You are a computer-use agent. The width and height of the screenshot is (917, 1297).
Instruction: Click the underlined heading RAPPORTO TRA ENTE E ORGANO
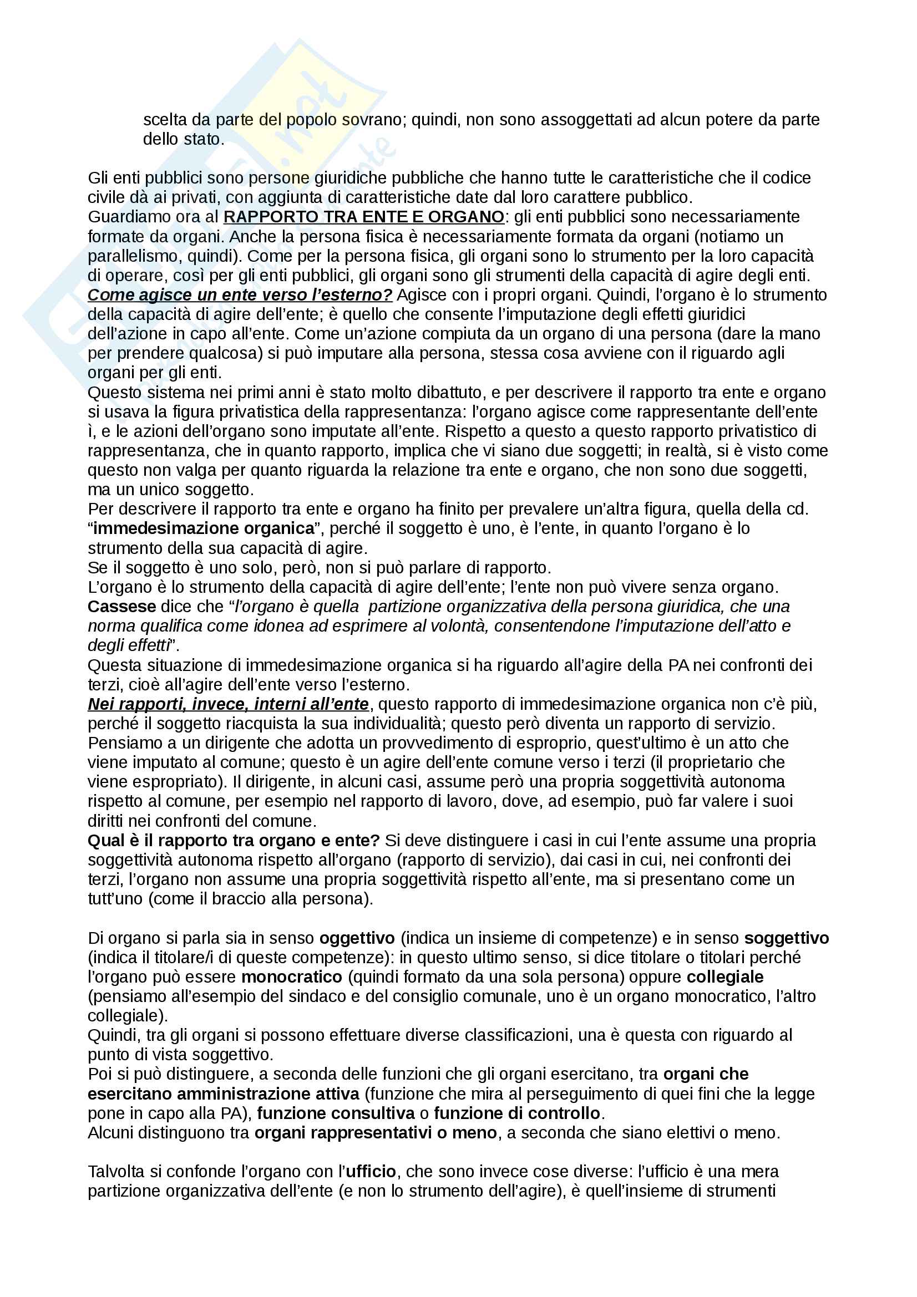[364, 217]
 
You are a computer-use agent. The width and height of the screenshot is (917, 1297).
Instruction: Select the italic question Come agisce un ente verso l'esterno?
[240, 295]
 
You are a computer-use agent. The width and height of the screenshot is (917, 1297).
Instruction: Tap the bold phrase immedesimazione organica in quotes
[204, 528]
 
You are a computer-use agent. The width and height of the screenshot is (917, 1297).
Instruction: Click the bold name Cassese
[121, 606]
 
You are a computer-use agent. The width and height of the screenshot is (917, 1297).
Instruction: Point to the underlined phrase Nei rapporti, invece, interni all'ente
[228, 704]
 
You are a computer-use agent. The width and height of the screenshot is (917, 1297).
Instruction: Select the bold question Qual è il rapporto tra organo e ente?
[234, 841]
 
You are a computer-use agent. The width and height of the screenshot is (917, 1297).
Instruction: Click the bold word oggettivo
[357, 938]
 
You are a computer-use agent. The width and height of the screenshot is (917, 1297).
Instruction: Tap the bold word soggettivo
[786, 938]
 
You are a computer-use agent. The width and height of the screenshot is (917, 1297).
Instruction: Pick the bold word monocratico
[292, 977]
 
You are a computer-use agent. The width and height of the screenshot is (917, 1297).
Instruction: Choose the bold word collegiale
[725, 977]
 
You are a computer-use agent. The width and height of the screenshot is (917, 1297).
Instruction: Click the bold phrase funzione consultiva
[336, 1113]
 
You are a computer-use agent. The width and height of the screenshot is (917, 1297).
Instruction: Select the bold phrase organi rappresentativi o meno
[375, 1133]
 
